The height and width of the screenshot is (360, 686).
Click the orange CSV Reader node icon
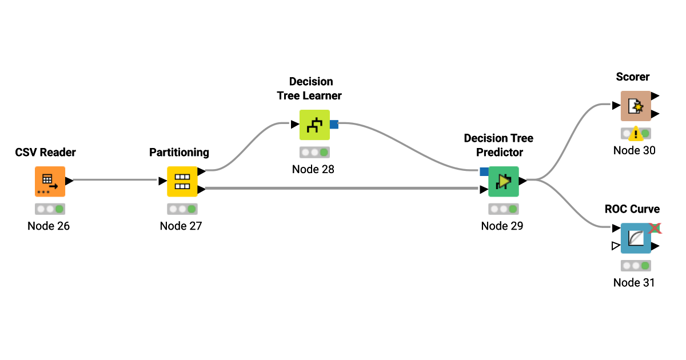tap(50, 181)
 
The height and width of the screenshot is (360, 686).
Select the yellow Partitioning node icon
tap(182, 181)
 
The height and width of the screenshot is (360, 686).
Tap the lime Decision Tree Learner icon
tap(314, 125)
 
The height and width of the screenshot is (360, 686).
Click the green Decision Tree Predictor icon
tap(503, 181)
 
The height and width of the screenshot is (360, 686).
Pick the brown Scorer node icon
tap(636, 106)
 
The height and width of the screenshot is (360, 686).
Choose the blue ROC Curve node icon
tap(636, 238)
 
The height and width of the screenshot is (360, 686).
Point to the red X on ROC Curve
tap(655, 228)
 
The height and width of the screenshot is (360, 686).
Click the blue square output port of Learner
tap(334, 125)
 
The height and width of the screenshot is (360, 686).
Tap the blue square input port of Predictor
tap(484, 171)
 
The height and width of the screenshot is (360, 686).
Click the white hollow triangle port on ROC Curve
tap(616, 246)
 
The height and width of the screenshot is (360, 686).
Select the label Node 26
tap(49, 226)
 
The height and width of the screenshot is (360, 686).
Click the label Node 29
tap(502, 226)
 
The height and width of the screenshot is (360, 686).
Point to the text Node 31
tap(634, 282)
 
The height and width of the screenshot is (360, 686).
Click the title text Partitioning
tap(179, 153)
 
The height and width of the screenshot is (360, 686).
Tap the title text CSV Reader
tap(45, 153)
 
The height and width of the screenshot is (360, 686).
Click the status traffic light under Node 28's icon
tap(314, 153)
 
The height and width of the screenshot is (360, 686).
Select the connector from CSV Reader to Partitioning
tap(114, 181)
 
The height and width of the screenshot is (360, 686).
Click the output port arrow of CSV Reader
tap(69, 181)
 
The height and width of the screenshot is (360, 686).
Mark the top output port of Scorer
tap(655, 96)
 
